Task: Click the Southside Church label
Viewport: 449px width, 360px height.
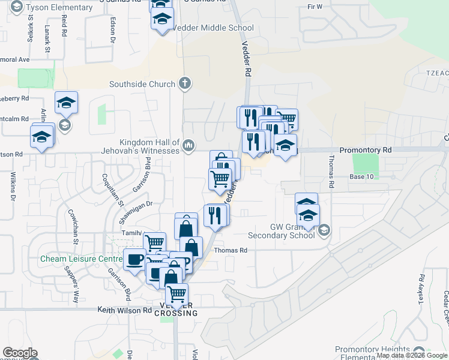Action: tap(142, 85)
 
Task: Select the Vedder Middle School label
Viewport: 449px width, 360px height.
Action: tap(212, 28)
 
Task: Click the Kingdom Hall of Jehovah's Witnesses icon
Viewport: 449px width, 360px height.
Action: tap(188, 145)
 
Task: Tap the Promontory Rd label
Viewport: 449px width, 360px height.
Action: tap(365, 149)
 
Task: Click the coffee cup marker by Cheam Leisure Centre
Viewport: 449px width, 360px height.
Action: tap(134, 259)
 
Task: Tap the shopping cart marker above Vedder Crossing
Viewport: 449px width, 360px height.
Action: tap(177, 295)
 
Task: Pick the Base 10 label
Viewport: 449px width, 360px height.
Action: tap(361, 176)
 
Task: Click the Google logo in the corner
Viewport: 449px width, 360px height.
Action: tap(20, 353)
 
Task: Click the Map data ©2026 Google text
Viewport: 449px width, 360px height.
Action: tap(411, 355)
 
